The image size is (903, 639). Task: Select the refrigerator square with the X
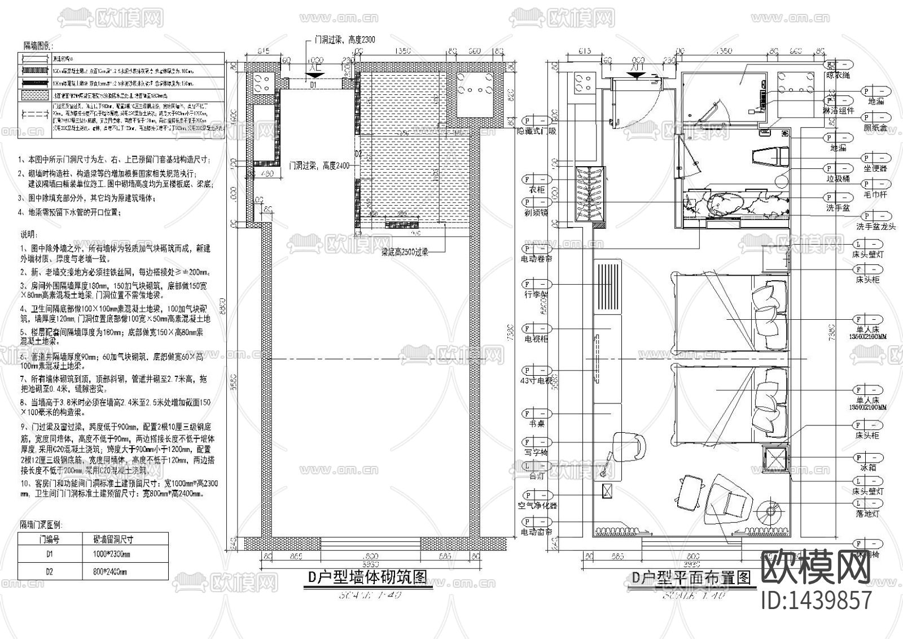(x=774, y=457)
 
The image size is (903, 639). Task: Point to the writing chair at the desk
(x=628, y=445)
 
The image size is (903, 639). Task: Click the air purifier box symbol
(x=608, y=490)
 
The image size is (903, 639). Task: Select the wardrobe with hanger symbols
(x=590, y=194)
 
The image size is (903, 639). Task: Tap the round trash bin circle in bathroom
(x=782, y=180)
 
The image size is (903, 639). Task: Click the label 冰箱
(x=868, y=468)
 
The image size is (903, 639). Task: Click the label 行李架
(x=536, y=294)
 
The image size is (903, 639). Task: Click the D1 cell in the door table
(x=50, y=555)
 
